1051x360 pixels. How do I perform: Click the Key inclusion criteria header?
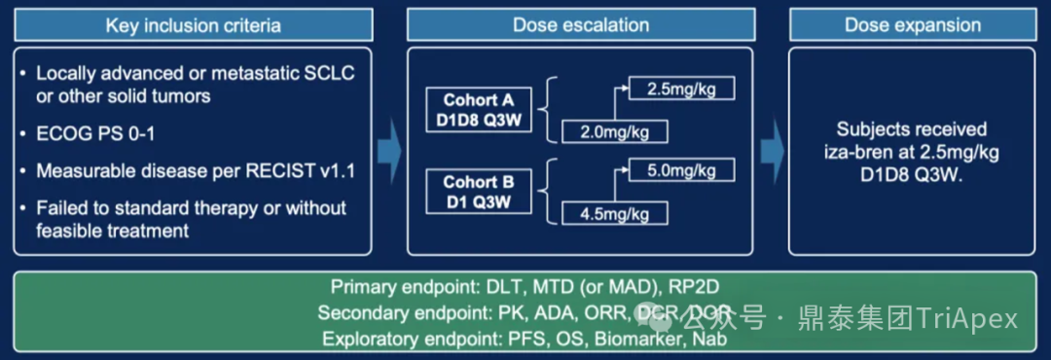click(x=193, y=24)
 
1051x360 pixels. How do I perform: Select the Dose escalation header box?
click(x=580, y=24)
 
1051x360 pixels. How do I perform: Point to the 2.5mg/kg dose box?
click(x=680, y=90)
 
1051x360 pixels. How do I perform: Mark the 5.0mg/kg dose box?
click(x=680, y=171)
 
